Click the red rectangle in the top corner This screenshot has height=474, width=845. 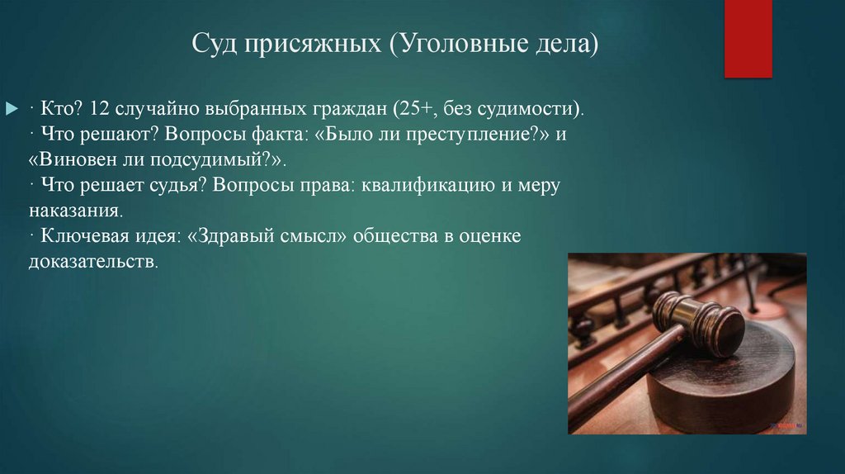click(748, 39)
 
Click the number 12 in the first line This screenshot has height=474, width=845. click(101, 108)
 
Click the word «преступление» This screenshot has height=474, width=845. click(467, 134)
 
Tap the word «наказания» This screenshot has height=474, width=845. click(74, 211)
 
